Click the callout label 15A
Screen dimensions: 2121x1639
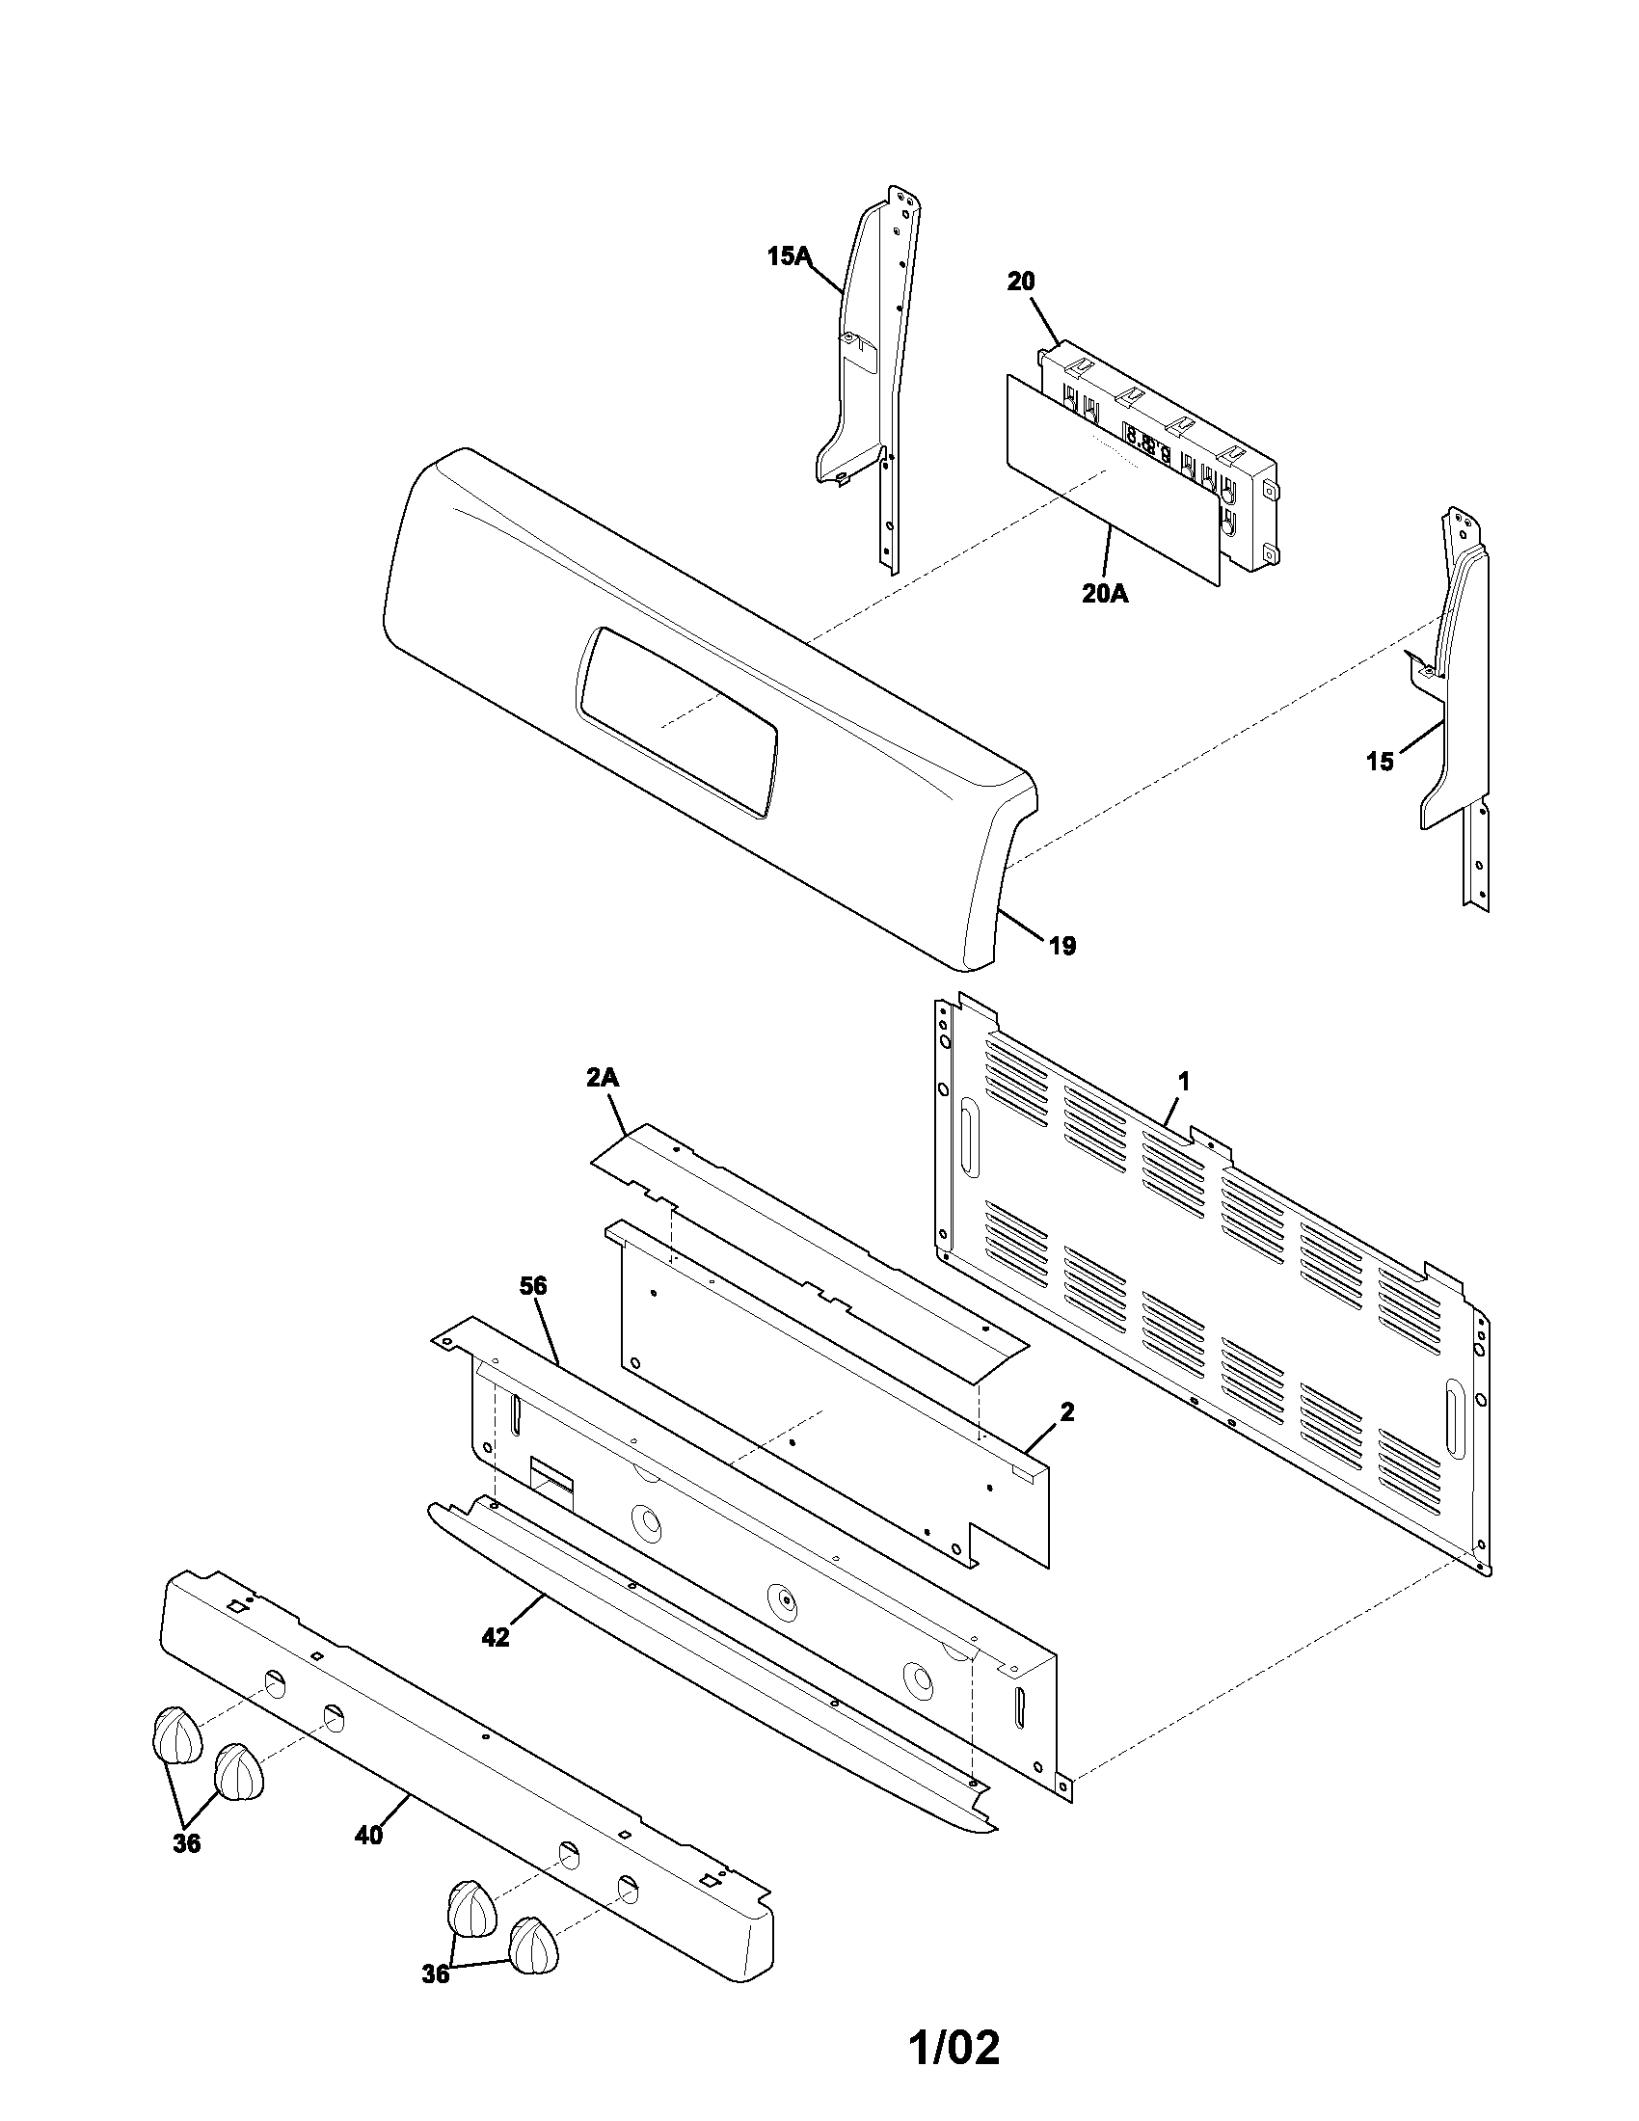point(788,256)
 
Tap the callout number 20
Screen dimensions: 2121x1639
point(1020,282)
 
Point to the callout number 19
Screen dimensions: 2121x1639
point(1062,946)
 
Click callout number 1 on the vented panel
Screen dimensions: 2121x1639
point(1183,1081)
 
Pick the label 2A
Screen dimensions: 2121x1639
point(603,1078)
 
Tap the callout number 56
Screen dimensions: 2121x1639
point(533,1287)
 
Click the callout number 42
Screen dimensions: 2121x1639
point(496,1637)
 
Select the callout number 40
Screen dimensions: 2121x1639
point(368,1836)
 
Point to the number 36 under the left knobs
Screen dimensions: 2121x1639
point(186,1843)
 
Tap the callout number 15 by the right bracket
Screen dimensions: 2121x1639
point(1380,763)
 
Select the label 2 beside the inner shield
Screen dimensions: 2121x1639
point(1067,1413)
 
